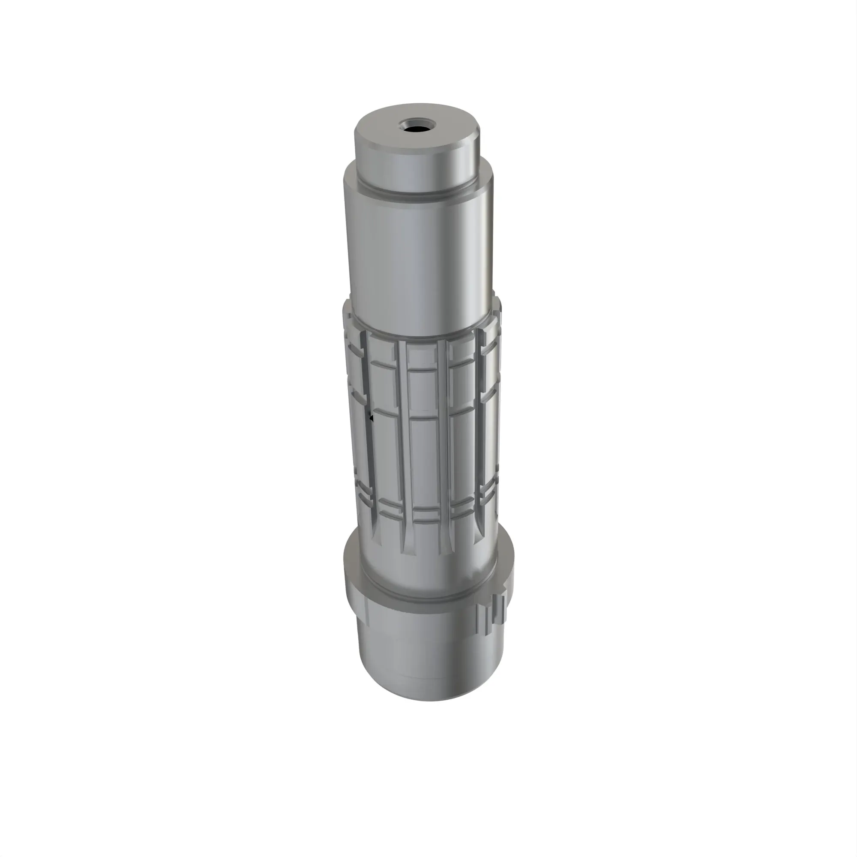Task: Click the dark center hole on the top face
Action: coord(417,130)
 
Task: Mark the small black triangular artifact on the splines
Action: coord(371,417)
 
